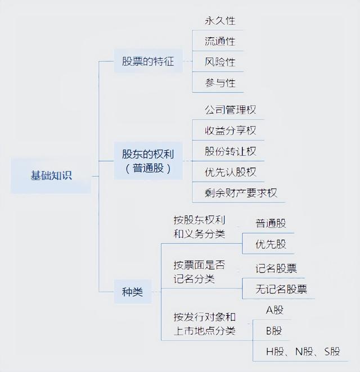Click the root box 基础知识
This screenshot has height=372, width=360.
tap(51, 176)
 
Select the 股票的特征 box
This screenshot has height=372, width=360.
tap(148, 61)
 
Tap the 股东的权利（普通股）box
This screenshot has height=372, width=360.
tap(148, 161)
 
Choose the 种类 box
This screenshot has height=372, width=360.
tap(133, 292)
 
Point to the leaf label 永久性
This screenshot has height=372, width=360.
tap(220, 21)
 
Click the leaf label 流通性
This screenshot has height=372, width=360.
tap(220, 42)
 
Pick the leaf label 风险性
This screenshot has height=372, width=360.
tap(220, 62)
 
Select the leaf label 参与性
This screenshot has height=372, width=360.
tap(220, 83)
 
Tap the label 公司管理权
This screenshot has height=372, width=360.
tap(230, 110)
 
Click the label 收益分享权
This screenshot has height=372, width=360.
tap(230, 130)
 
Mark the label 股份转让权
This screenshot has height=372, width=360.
tap(230, 151)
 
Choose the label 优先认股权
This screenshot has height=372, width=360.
tap(230, 172)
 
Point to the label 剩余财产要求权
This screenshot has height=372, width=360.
tap(241, 193)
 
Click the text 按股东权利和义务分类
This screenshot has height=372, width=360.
tap(199, 227)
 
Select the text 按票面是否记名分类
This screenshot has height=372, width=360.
tap(199, 272)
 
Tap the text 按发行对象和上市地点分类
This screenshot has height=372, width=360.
tap(204, 324)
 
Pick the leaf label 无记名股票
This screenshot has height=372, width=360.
tap(281, 289)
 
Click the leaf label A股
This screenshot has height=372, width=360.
tap(274, 310)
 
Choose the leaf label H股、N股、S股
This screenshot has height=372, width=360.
tap(303, 352)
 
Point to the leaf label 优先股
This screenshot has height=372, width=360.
tap(271, 244)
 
